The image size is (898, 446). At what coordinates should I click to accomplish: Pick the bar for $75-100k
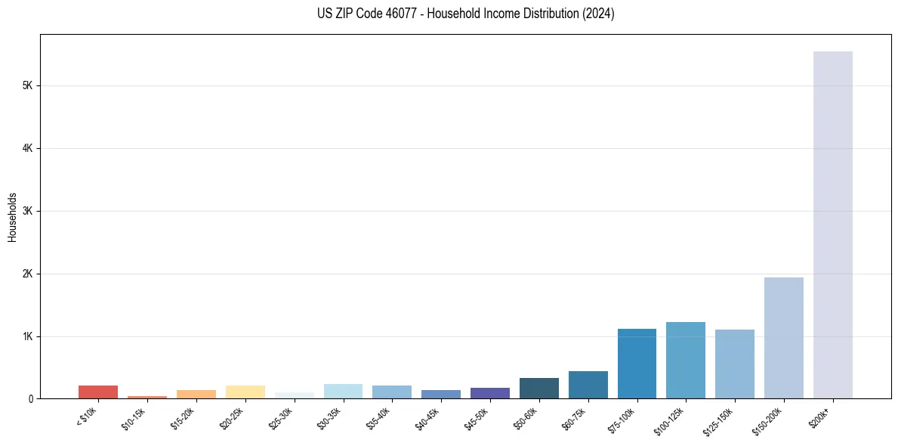[x=637, y=364]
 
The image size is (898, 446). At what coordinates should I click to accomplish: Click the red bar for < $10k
[x=98, y=392]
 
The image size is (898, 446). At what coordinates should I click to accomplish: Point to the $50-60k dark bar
[x=538, y=388]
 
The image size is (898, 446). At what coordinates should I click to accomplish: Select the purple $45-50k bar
[x=489, y=393]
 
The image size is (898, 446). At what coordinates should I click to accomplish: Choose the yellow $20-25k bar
[x=245, y=392]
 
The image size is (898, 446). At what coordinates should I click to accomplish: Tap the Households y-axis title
[x=12, y=217]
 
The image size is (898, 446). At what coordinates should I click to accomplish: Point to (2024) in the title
[x=600, y=14]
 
